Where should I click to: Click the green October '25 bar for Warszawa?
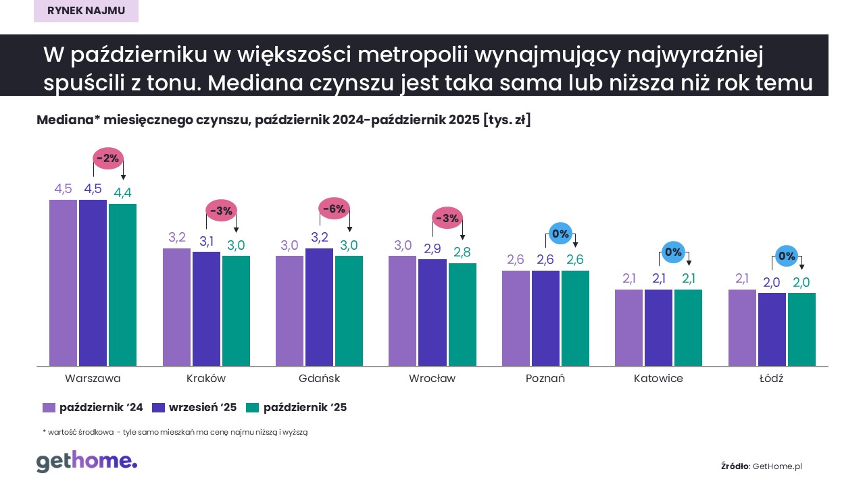pyautogui.click(x=122, y=285)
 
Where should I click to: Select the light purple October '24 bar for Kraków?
pyautogui.click(x=177, y=307)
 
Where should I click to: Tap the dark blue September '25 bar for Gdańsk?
pyautogui.click(x=319, y=307)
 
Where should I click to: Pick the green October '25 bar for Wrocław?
pyautogui.click(x=462, y=315)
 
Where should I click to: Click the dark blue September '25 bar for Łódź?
pyautogui.click(x=772, y=329)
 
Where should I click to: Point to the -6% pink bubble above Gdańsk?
pyautogui.click(x=334, y=209)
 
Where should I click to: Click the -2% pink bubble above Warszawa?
pyautogui.click(x=107, y=159)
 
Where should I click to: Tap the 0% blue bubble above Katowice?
pyautogui.click(x=673, y=252)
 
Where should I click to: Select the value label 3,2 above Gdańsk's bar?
pyautogui.click(x=319, y=237)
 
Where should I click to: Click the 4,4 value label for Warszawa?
pyautogui.click(x=122, y=192)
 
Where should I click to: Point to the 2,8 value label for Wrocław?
pyautogui.click(x=462, y=252)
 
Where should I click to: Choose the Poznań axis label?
pyautogui.click(x=545, y=378)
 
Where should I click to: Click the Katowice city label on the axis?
pyautogui.click(x=658, y=378)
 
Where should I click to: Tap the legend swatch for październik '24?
pyautogui.click(x=48, y=408)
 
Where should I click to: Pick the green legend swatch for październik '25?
pyautogui.click(x=252, y=408)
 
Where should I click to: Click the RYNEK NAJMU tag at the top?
pyautogui.click(x=86, y=10)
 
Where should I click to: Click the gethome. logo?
pyautogui.click(x=86, y=462)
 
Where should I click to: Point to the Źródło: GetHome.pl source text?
pyautogui.click(x=762, y=466)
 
